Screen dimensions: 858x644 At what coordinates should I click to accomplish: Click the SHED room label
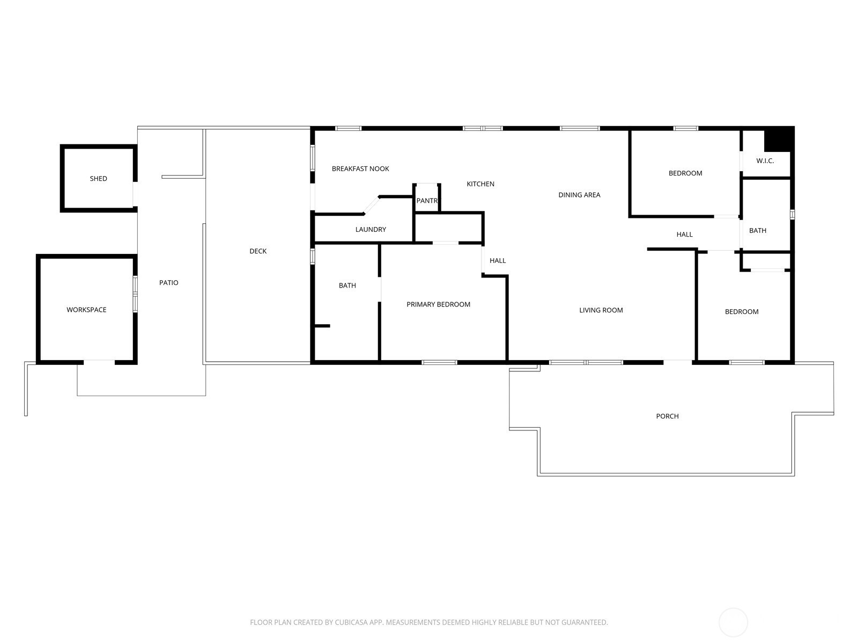98,179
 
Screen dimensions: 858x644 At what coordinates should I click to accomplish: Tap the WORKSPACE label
86,310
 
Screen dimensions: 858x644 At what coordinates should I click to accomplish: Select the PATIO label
168,283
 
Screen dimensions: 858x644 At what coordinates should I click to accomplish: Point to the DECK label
258,251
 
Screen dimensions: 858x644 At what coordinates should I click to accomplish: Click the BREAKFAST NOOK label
360,169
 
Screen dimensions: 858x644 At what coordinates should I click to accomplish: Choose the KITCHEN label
480,184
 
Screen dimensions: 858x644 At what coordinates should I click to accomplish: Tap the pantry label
427,201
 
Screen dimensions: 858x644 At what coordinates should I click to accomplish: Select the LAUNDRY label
371,230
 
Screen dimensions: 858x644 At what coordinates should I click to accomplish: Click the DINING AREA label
579,195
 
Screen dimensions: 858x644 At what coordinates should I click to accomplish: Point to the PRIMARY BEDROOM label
438,304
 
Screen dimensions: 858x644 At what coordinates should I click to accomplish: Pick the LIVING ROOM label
601,310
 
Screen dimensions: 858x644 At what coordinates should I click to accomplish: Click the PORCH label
667,416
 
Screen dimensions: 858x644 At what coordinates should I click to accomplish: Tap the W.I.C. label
765,160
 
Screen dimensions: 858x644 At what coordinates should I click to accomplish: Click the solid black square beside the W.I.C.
779,139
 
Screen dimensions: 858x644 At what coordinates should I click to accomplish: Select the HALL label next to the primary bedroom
498,260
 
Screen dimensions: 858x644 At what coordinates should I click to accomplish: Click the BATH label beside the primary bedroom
347,286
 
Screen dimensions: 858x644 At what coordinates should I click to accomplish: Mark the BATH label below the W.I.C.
758,231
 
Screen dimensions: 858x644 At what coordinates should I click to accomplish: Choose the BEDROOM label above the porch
742,312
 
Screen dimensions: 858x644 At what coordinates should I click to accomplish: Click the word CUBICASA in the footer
351,622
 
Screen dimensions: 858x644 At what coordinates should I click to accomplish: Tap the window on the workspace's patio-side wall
135,294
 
